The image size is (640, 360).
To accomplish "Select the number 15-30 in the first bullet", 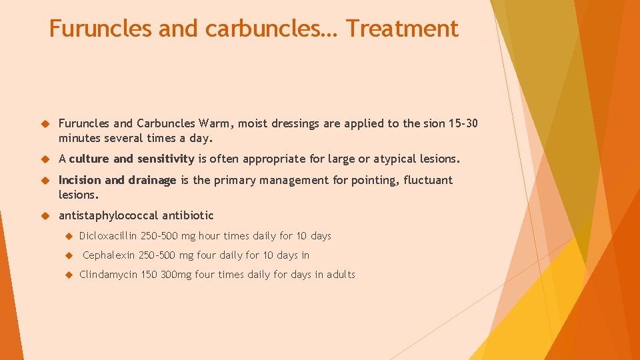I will (462, 123).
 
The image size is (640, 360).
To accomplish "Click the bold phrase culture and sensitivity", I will (131, 159).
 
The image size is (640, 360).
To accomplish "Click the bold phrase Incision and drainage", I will (117, 180).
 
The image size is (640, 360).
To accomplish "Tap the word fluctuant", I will (428, 180).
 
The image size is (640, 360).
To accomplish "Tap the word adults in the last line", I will (341, 275).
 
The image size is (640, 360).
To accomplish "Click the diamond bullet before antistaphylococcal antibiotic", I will (46, 215).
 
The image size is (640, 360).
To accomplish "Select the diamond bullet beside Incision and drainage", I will (46, 180).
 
